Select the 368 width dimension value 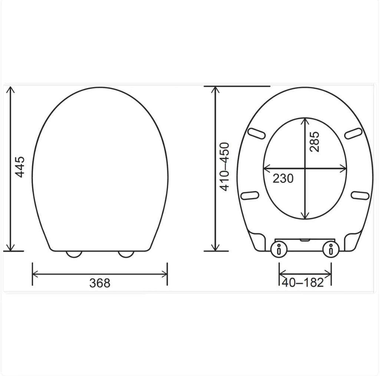tap(100, 283)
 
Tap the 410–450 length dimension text tap(225, 167)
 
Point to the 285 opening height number tap(314, 141)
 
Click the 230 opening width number tap(283, 179)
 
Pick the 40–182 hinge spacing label tap(303, 282)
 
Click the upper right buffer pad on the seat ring tap(353, 133)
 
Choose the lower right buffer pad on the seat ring tap(360, 194)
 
